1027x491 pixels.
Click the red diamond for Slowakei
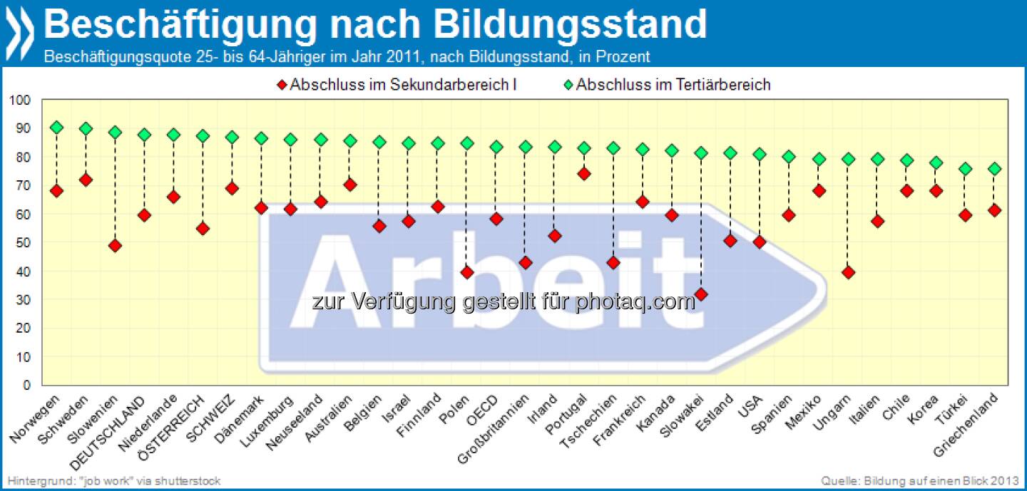pyautogui.click(x=701, y=294)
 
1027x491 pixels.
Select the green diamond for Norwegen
pyautogui.click(x=56, y=128)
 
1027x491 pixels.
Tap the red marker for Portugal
pyautogui.click(x=584, y=174)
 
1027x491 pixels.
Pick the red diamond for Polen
pyautogui.click(x=467, y=272)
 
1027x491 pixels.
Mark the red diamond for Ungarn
pyautogui.click(x=848, y=272)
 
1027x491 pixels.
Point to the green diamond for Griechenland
pyautogui.click(x=994, y=169)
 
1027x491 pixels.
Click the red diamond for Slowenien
pyautogui.click(x=115, y=246)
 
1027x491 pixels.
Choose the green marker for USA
pyautogui.click(x=760, y=155)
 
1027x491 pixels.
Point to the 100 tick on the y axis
pyautogui.click(x=21, y=100)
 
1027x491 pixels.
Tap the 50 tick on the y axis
pyautogui.click(x=24, y=242)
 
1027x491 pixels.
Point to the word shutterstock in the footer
pyautogui.click(x=192, y=480)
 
